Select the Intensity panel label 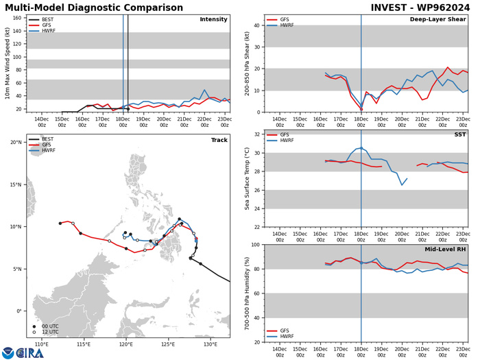tap(213, 19)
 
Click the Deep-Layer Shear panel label tap(440, 19)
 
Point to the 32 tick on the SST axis tap(259, 134)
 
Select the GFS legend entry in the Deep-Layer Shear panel tap(291, 20)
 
